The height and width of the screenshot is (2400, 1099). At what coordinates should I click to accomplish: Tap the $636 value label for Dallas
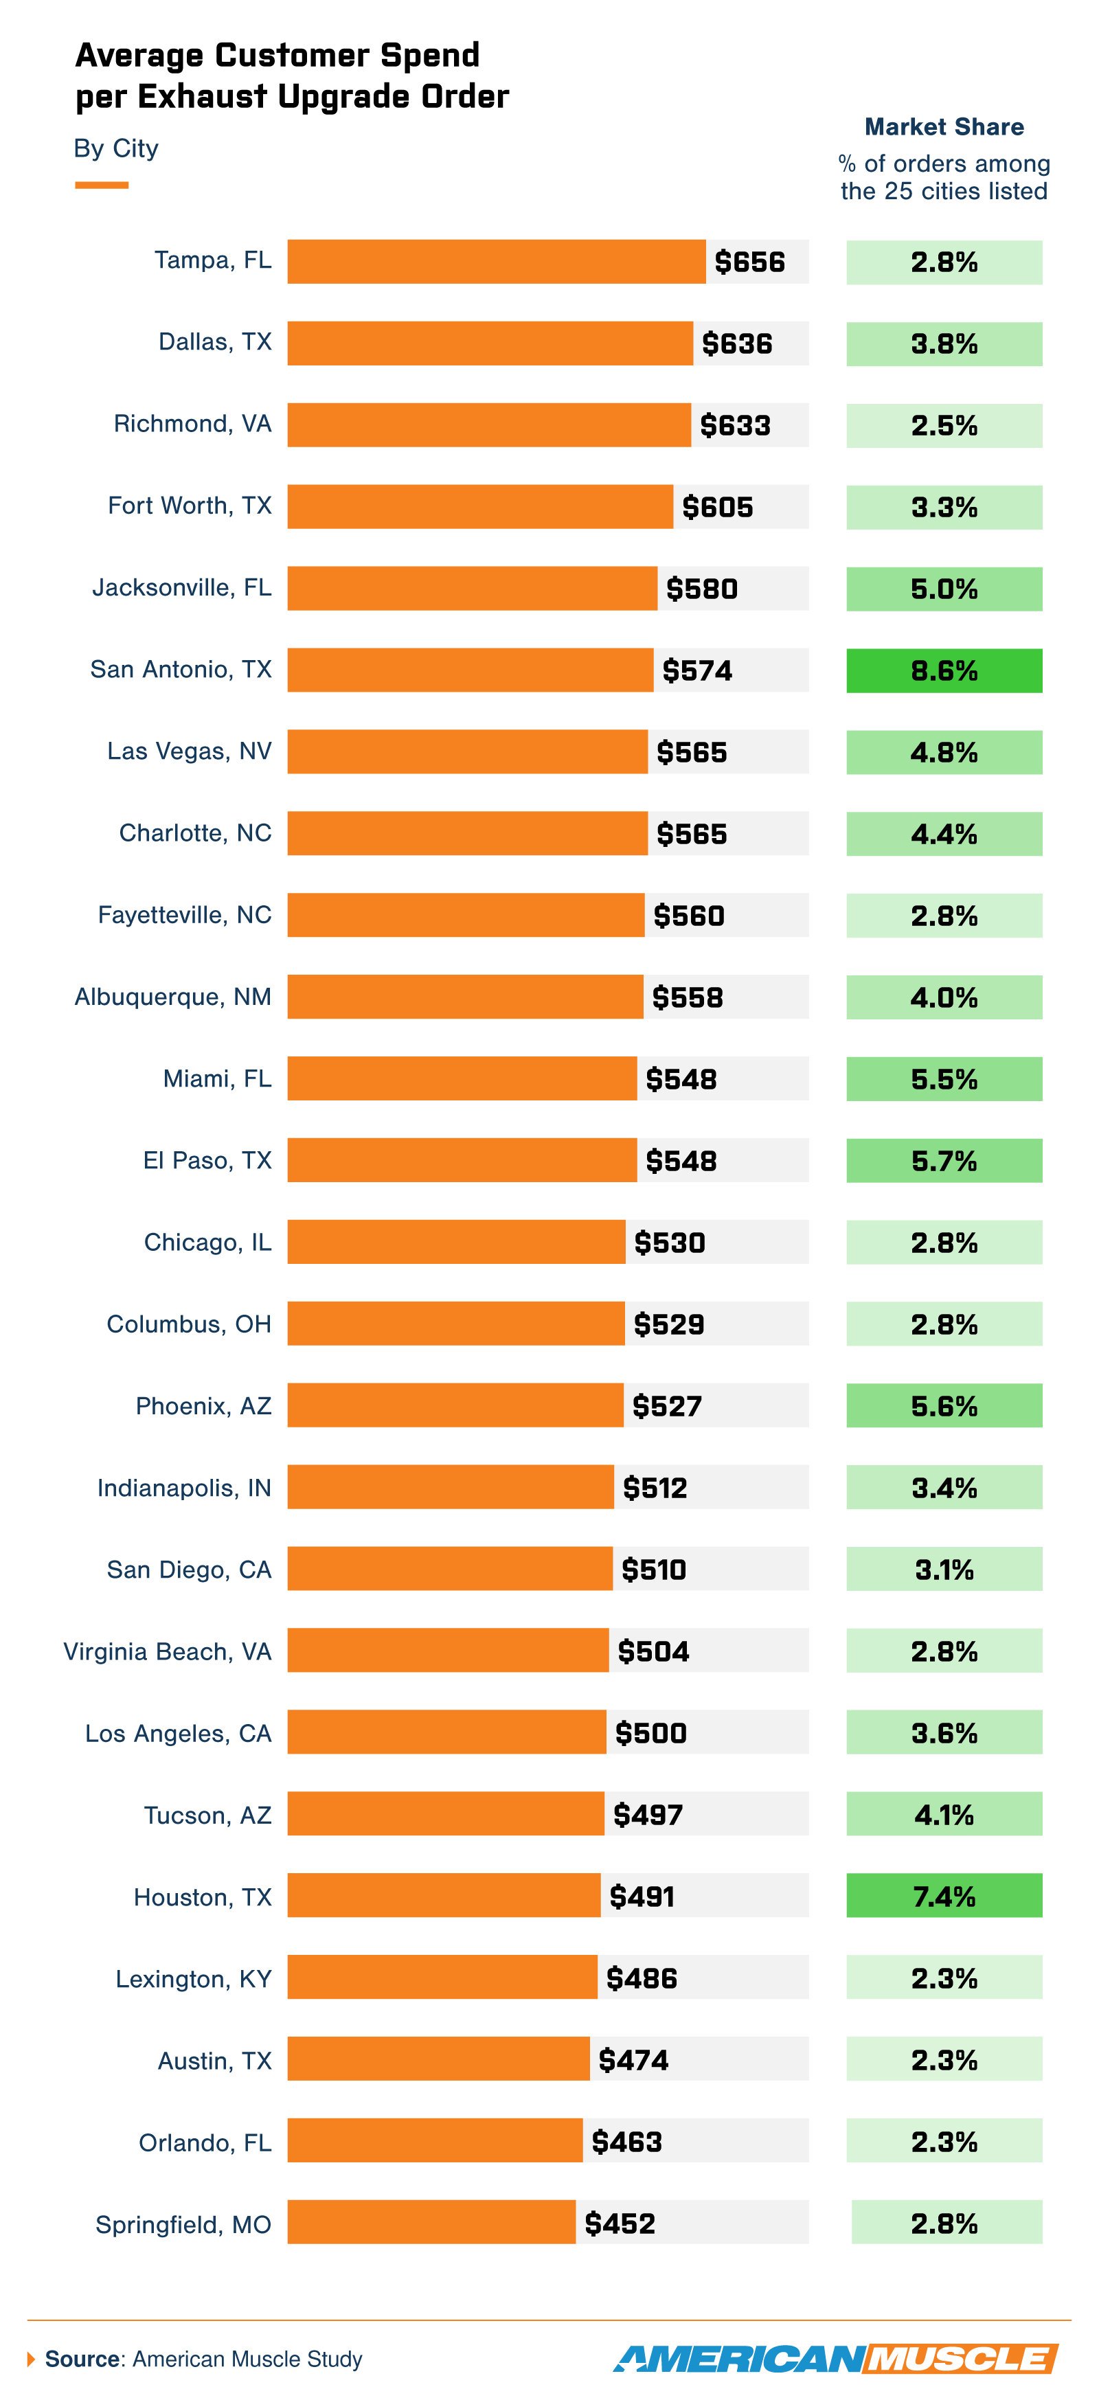pos(737,343)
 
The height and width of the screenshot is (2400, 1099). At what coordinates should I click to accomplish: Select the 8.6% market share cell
pos(944,671)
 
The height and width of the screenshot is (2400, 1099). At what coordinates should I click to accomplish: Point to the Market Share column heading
pos(944,126)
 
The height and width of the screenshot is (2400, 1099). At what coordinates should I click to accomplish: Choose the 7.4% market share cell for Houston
pos(944,1896)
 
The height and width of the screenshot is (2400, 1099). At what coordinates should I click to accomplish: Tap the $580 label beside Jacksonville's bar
pos(701,589)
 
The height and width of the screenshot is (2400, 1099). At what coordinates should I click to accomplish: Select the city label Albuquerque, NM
pos(173,997)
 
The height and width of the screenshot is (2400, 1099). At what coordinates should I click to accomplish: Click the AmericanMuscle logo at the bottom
pos(835,2359)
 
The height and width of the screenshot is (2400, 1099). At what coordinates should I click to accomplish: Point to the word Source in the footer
pos(82,2359)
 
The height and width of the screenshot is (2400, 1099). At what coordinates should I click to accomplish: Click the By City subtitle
pos(116,149)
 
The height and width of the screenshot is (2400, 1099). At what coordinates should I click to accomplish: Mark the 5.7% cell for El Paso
pos(944,1161)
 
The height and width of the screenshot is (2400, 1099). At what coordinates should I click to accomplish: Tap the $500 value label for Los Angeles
pos(650,1733)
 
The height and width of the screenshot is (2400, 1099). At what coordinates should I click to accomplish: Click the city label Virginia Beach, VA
pos(168,1652)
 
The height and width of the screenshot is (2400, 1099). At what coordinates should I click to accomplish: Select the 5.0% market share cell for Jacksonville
pos(944,589)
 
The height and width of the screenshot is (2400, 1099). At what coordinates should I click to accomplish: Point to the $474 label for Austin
pos(633,2060)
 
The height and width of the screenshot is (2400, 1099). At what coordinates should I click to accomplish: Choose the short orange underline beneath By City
pos(102,185)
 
